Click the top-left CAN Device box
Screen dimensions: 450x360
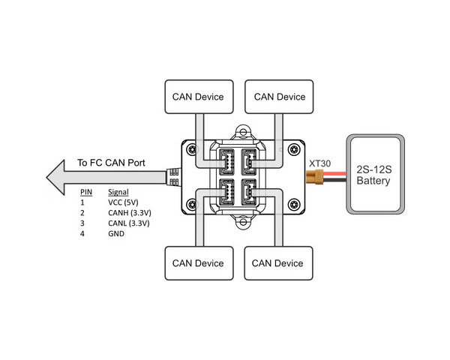(199, 97)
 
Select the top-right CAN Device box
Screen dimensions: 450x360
(279, 97)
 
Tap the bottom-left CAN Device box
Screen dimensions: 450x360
(199, 263)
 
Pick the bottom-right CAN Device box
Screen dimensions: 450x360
(278, 263)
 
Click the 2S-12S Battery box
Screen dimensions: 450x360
(376, 174)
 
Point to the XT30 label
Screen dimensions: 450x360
(319, 163)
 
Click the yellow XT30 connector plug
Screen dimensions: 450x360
(314, 177)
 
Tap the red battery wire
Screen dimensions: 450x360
(334, 174)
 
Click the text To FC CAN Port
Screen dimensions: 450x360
(111, 163)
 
